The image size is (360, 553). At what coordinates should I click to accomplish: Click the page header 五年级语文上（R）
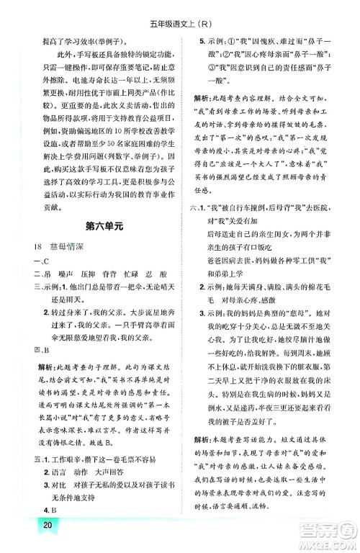point(180,10)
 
